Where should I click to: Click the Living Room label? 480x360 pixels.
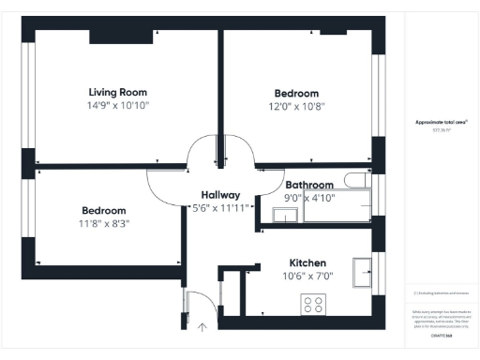point(118,92)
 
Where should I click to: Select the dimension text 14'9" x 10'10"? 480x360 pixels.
point(118,106)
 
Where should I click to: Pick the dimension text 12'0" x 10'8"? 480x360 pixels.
point(296,107)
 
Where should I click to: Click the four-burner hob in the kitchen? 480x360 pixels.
point(313,305)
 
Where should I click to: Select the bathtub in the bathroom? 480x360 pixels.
point(337,207)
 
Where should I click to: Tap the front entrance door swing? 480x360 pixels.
point(199,305)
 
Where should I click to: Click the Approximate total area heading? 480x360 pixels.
point(440,123)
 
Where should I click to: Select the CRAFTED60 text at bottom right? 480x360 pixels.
point(440,335)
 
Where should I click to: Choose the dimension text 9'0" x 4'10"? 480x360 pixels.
point(309,199)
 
